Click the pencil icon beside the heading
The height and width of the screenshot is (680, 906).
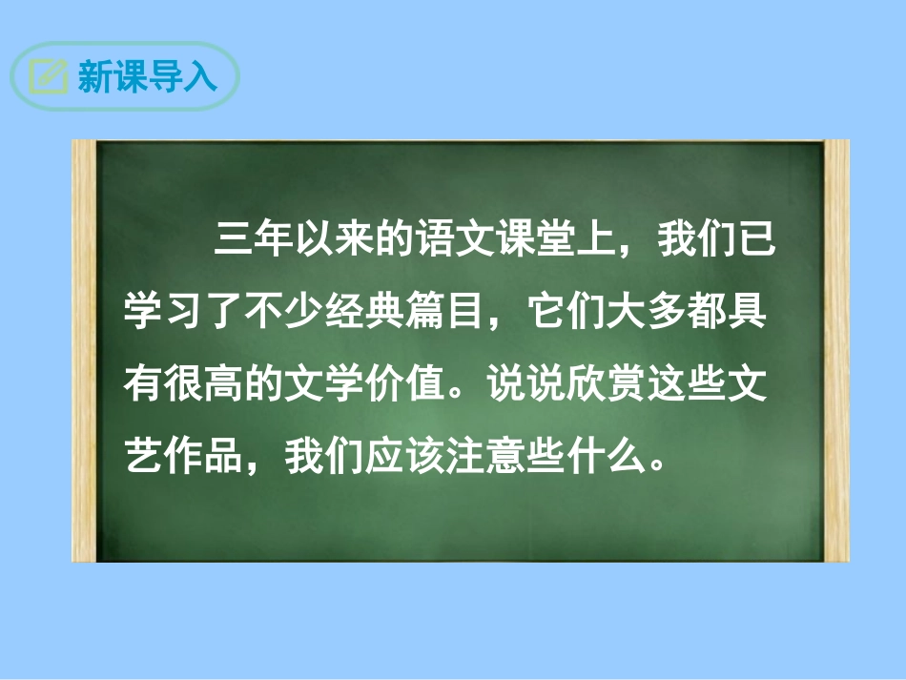click(49, 76)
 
